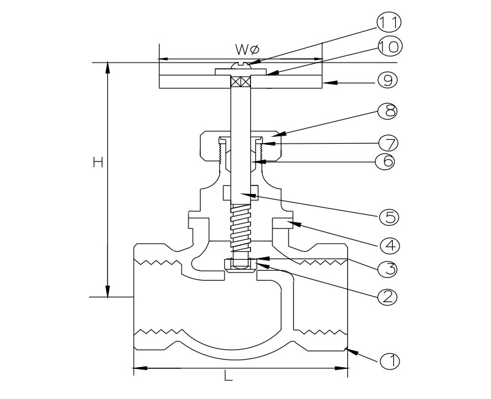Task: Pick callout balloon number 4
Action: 389,245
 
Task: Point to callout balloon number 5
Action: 389,217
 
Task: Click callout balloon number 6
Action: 388,161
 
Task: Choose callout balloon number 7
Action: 389,144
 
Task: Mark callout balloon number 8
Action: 388,111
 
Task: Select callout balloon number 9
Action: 387,80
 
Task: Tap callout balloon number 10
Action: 388,46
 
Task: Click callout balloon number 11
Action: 388,23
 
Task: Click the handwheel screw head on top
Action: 241,64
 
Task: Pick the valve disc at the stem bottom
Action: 241,265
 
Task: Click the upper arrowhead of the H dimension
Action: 108,68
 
